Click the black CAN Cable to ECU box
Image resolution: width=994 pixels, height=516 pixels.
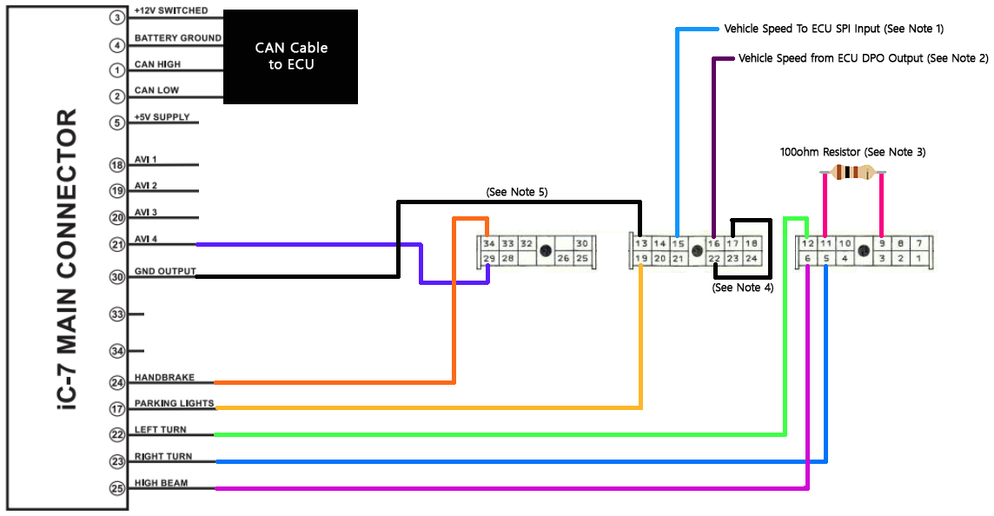click(290, 56)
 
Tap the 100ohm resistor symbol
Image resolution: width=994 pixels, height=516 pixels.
click(852, 172)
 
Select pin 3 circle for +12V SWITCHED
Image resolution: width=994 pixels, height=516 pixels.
click(117, 17)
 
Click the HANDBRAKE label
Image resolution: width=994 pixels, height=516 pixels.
click(164, 378)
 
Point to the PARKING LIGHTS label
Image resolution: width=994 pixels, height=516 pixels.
click(174, 404)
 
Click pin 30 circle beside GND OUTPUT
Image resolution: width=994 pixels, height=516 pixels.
click(118, 277)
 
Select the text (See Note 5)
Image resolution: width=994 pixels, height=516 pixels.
click(517, 191)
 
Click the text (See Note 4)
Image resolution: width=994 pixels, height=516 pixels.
click(742, 288)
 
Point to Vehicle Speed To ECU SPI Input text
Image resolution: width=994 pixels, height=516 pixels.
click(833, 29)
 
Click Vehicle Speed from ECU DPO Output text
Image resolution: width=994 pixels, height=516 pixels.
click(863, 58)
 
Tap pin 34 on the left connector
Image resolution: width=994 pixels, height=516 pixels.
click(489, 244)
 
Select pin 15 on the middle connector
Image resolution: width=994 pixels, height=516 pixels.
click(679, 244)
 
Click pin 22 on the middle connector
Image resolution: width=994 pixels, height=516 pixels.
click(714, 259)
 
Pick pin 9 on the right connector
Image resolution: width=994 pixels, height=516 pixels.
click(882, 244)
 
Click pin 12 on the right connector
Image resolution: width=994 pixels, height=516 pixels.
click(807, 244)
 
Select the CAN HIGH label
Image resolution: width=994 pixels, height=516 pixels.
click(157, 64)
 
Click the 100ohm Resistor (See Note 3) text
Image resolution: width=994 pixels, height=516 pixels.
click(852, 152)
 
